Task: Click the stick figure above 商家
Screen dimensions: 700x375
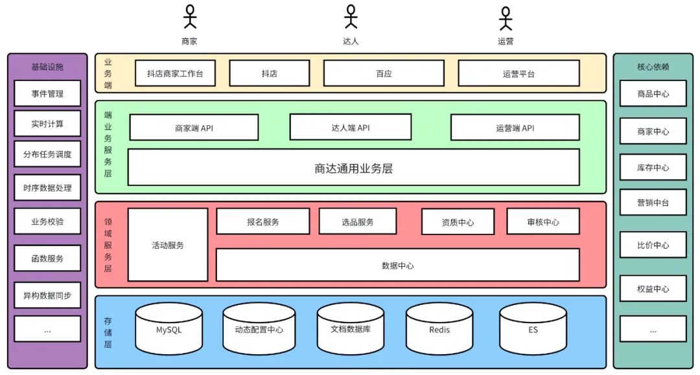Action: [190, 17]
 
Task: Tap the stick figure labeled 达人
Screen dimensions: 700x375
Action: [351, 17]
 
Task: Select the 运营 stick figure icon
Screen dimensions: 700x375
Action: [506, 18]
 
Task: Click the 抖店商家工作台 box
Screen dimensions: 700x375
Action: [175, 73]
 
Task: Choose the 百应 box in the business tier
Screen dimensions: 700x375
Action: [384, 73]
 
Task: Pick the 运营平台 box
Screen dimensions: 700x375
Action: [519, 73]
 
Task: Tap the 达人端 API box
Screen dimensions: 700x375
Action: [351, 127]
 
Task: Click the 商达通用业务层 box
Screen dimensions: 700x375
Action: [354, 167]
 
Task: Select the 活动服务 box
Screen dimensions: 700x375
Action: [168, 245]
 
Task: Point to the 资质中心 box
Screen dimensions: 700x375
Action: [458, 222]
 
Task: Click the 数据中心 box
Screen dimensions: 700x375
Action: [398, 266]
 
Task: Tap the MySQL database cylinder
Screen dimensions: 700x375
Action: [169, 328]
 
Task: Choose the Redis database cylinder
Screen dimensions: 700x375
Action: [439, 328]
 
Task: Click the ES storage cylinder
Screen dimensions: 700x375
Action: [533, 328]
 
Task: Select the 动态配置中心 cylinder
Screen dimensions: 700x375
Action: [259, 328]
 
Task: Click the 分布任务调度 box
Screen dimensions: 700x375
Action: [47, 154]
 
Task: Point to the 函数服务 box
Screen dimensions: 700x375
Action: [47, 258]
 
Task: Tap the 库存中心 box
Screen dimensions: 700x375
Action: [653, 167]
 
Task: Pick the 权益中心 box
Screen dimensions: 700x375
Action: [653, 288]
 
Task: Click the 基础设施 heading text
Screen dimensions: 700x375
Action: [47, 67]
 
